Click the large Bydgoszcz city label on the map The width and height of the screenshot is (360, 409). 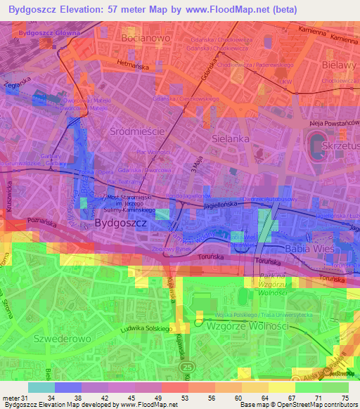(x=120, y=222)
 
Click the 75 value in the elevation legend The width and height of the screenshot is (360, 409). (x=344, y=399)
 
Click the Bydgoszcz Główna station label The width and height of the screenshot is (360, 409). (x=50, y=33)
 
